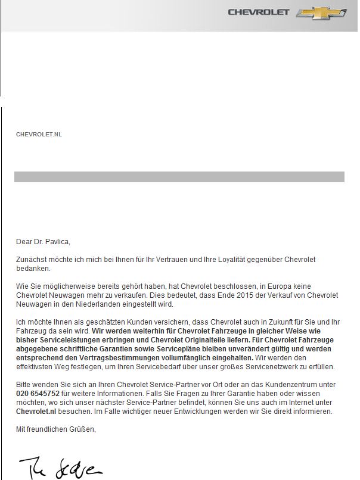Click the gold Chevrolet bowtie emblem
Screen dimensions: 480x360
coord(329,13)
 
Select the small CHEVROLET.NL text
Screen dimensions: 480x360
coord(39,135)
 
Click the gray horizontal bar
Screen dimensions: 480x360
coord(179,177)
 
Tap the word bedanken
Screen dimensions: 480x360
coord(33,269)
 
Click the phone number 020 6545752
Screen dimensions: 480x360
coord(37,394)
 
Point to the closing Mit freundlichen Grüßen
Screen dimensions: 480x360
coord(55,429)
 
